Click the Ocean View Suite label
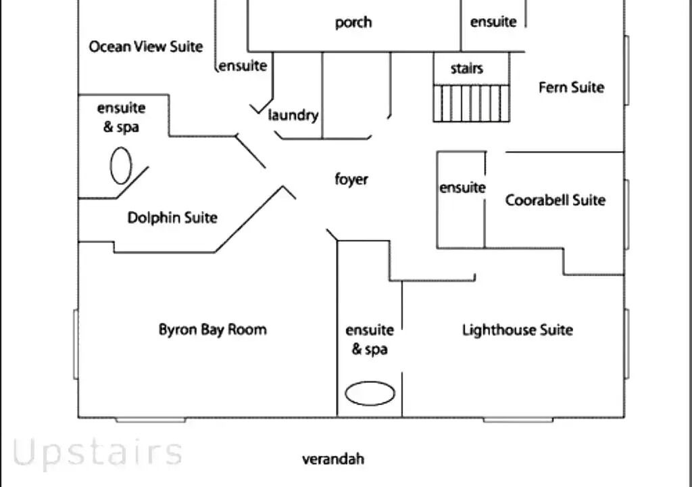click(146, 47)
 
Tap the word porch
click(353, 22)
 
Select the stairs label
click(467, 68)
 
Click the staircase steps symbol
click(471, 103)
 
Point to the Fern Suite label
click(571, 87)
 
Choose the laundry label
click(293, 115)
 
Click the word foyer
click(351, 179)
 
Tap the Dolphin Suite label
click(172, 218)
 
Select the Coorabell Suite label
click(555, 200)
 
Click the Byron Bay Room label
click(213, 329)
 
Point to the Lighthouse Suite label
click(518, 330)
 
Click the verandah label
click(333, 459)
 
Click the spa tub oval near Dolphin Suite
click(121, 165)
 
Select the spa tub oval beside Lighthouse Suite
click(370, 394)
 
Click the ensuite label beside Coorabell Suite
click(462, 187)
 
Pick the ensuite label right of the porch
click(493, 22)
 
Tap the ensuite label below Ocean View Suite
click(243, 66)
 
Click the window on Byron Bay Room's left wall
click(76, 344)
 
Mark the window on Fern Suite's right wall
click(626, 70)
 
